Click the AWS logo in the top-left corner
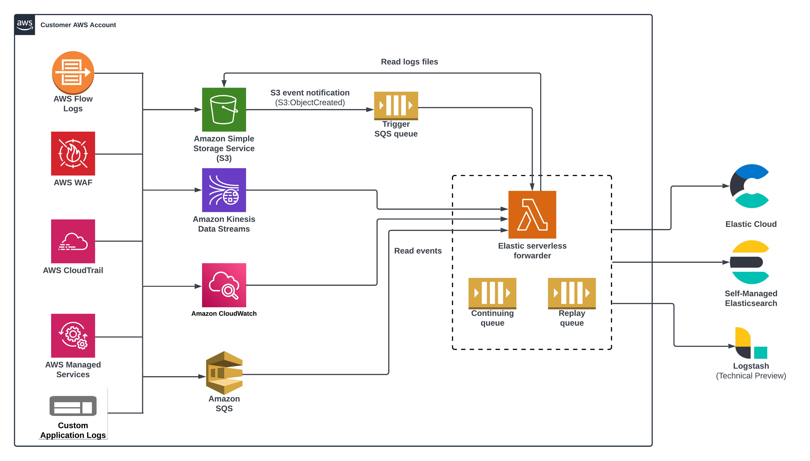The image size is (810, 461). [25, 25]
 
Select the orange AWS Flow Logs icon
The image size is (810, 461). [73, 73]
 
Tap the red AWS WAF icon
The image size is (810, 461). [73, 154]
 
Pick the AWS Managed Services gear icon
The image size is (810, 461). [73, 335]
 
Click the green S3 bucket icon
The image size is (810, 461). [224, 110]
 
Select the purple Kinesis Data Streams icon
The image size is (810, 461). [224, 190]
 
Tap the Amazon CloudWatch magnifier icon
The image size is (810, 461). [224, 285]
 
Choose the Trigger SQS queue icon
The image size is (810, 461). [396, 105]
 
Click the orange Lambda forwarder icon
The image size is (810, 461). [532, 214]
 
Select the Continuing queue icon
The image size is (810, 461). [492, 293]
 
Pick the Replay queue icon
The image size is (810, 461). [572, 293]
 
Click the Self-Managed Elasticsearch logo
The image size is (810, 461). [750, 262]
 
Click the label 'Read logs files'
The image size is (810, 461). [409, 62]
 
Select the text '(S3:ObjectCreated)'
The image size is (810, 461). [310, 103]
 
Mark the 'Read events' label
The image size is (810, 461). [418, 251]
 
